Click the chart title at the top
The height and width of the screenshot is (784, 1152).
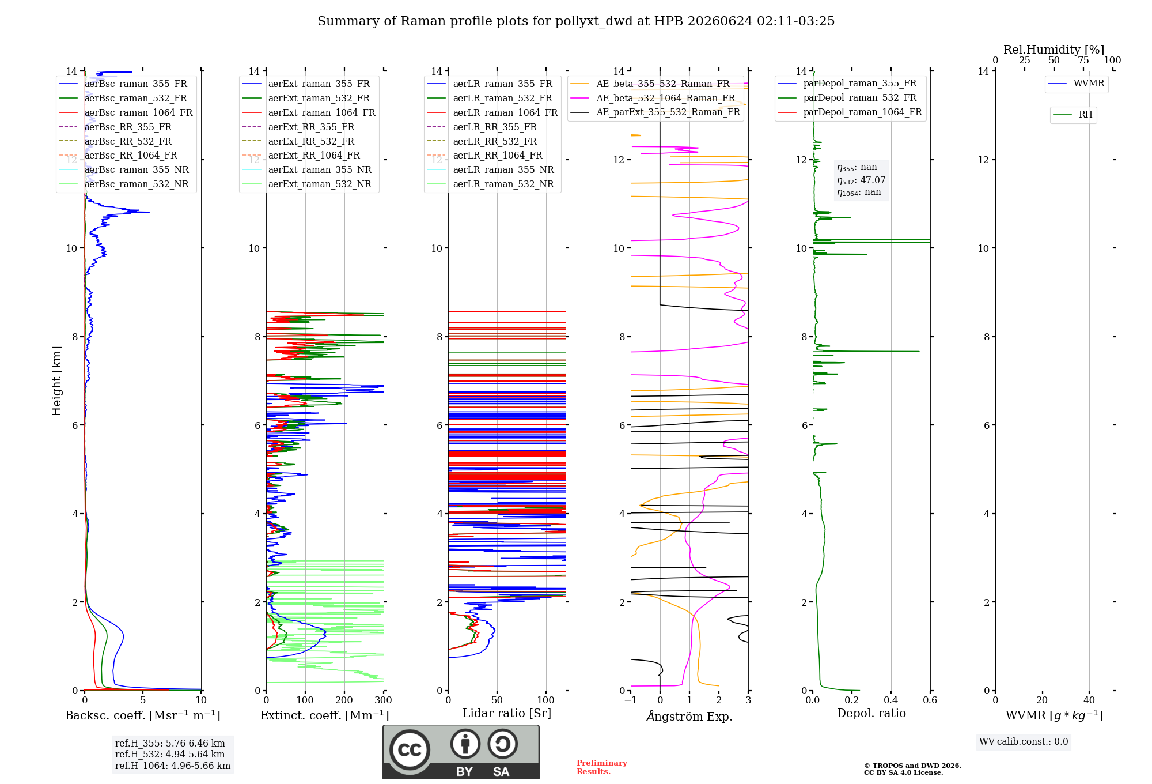[576, 21]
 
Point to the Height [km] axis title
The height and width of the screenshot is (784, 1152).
[56, 381]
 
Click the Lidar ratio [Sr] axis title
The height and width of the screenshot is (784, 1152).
[507, 713]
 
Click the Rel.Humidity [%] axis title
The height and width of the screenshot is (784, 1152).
[1054, 50]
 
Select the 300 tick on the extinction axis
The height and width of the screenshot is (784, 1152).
[384, 700]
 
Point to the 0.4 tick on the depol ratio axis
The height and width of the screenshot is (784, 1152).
[890, 700]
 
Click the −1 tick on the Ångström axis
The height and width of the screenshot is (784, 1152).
[631, 700]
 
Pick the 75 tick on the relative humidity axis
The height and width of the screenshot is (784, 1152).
[1083, 61]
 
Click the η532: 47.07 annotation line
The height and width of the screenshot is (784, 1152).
[861, 180]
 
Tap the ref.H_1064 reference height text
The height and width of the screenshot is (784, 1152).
[173, 766]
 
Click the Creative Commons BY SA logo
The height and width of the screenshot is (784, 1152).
[461, 752]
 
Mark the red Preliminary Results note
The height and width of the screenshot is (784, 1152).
[602, 767]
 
